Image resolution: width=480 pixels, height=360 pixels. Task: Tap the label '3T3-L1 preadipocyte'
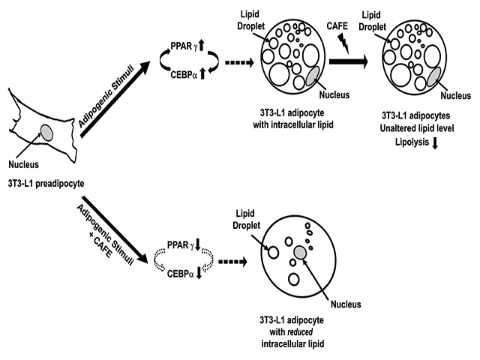tap(44, 182)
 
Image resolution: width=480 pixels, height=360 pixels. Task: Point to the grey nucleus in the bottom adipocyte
tap(301, 253)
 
